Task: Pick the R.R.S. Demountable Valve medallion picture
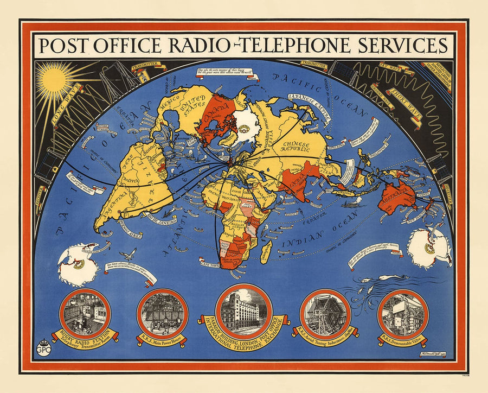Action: coord(402,313)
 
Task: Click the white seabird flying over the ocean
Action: coord(129,253)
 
